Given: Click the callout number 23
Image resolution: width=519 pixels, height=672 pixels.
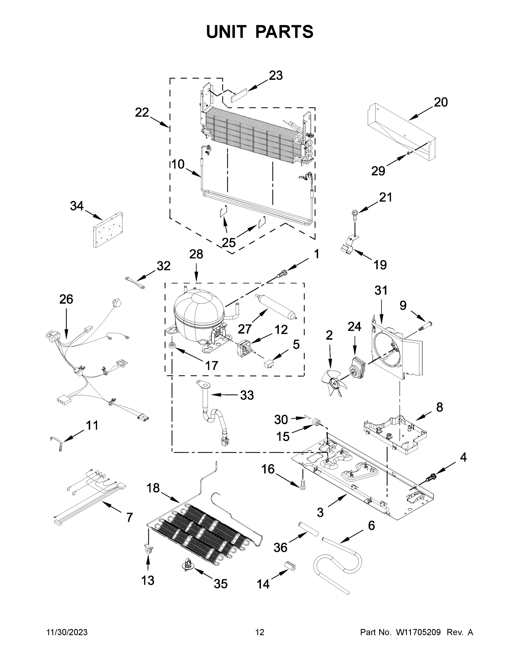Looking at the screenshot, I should point(276,75).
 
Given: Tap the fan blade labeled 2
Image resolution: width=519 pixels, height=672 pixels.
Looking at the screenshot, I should point(335,383).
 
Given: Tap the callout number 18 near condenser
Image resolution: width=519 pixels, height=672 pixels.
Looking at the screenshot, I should point(153,488).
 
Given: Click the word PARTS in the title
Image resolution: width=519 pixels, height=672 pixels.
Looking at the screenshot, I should point(285,32).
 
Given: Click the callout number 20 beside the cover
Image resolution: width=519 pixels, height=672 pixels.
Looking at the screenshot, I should point(440,102).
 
